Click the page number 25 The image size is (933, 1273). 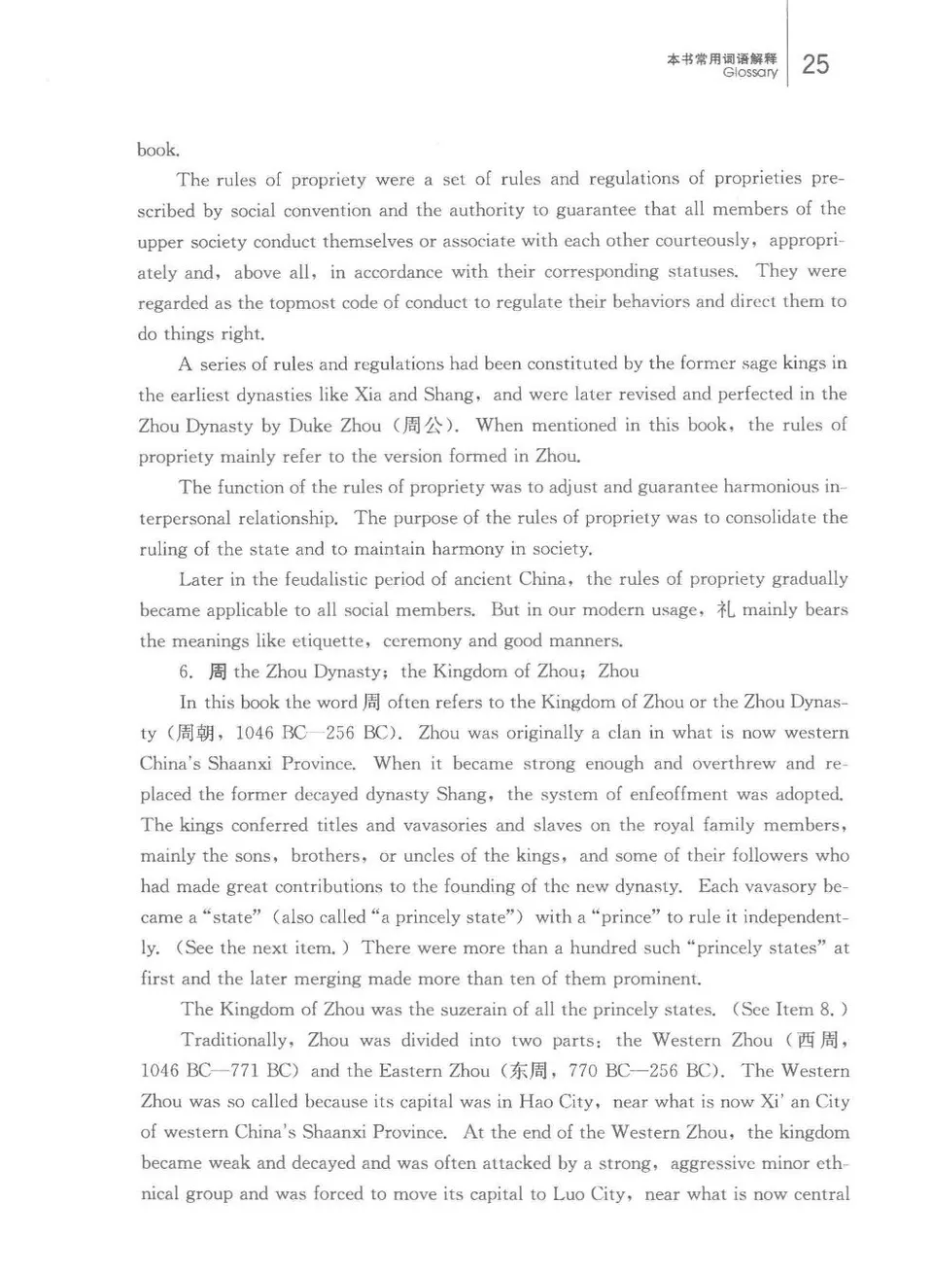pyautogui.click(x=815, y=64)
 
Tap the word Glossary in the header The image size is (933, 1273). pyautogui.click(x=750, y=73)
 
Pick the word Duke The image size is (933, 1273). pyautogui.click(x=310, y=426)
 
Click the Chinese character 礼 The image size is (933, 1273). pyautogui.click(x=725, y=610)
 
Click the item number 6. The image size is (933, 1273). pyautogui.click(x=187, y=671)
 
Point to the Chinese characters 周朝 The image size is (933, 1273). pyautogui.click(x=197, y=734)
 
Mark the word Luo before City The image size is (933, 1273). pyautogui.click(x=569, y=1194)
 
